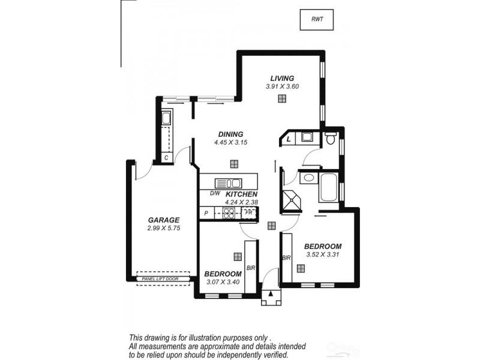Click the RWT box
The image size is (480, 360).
[x=316, y=20]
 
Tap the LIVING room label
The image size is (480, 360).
[x=282, y=78]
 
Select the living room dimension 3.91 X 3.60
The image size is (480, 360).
[x=282, y=86]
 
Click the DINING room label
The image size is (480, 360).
[x=230, y=134]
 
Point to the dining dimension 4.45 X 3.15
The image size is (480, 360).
[x=230, y=143]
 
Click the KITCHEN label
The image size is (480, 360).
[x=241, y=194]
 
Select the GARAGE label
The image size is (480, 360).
[x=163, y=220]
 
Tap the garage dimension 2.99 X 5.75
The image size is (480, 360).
[x=163, y=228]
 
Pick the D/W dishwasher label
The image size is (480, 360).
[x=214, y=194]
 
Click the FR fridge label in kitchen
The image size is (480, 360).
[x=248, y=212]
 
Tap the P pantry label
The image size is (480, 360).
[x=206, y=213]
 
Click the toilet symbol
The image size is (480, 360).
[x=330, y=139]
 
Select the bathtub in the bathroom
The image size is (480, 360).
[x=329, y=187]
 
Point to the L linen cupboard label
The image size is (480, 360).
[x=289, y=139]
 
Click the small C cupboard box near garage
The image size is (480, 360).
[x=166, y=157]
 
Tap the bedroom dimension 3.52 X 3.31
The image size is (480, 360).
[x=322, y=254]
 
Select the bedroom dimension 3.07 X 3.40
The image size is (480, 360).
[x=223, y=281]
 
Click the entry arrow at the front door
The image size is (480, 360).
[x=271, y=294]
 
